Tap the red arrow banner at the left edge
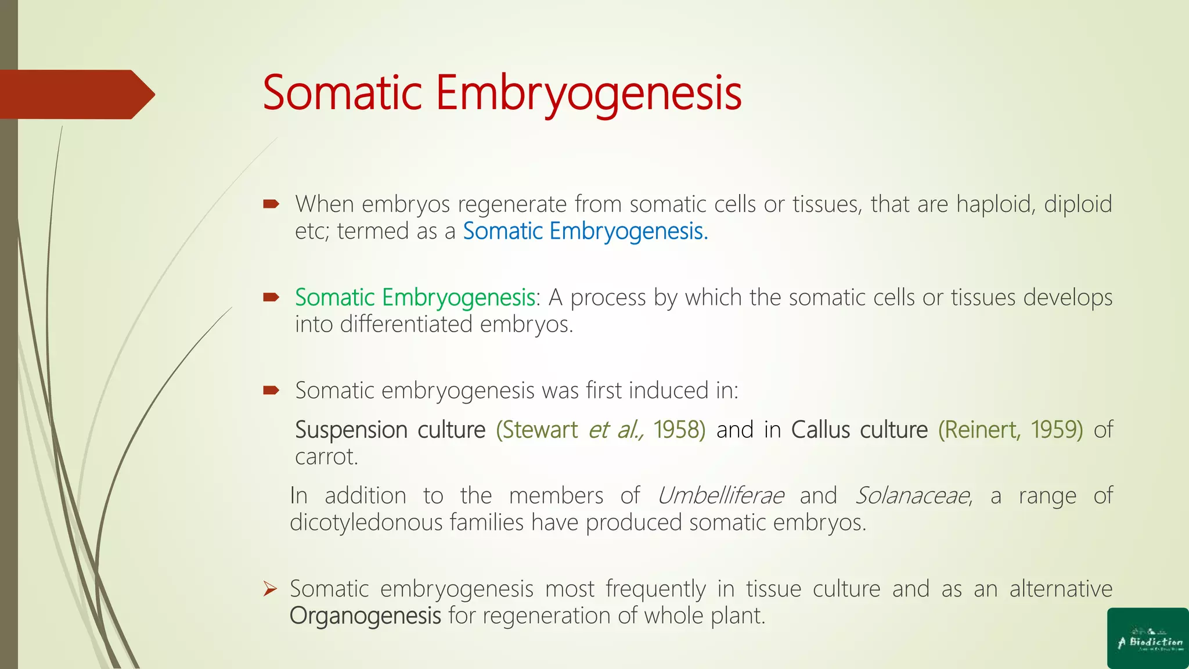(75, 94)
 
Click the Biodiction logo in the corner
(1148, 639)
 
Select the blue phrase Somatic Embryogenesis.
(585, 231)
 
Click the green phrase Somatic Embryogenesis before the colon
(415, 297)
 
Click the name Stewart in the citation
(541, 430)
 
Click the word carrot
(326, 457)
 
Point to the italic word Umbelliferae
(720, 495)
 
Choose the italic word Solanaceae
(912, 495)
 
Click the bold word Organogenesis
(365, 616)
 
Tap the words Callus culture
(859, 430)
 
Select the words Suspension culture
(390, 430)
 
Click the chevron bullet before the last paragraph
(270, 589)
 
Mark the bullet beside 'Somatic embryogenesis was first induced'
(271, 390)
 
